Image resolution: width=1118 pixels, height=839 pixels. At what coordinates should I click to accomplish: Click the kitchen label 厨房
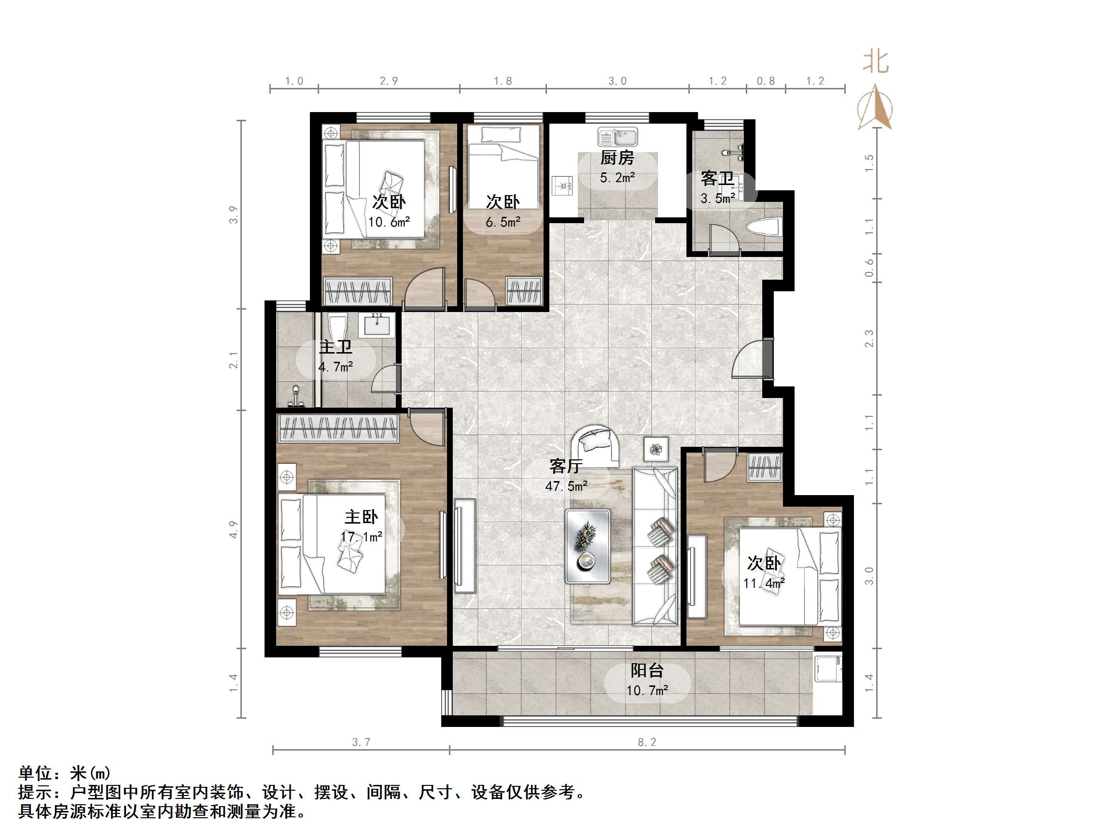[x=616, y=158]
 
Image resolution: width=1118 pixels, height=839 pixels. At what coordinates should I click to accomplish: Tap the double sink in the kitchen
[x=617, y=137]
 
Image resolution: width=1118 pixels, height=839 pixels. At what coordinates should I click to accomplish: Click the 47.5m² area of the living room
[x=566, y=486]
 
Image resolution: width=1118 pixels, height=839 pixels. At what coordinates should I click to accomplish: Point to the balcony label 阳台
[x=646, y=670]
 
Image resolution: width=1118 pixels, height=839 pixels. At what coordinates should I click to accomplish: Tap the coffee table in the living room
[x=588, y=546]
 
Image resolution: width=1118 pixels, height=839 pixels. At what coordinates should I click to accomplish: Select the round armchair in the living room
[x=596, y=445]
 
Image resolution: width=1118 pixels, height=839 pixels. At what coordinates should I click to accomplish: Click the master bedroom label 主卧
[x=361, y=517]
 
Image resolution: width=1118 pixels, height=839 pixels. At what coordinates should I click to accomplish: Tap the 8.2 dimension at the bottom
[x=646, y=742]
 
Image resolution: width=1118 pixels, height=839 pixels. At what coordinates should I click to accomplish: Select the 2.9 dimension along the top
[x=389, y=81]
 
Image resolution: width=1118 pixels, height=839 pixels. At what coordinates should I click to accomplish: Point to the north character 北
[x=875, y=63]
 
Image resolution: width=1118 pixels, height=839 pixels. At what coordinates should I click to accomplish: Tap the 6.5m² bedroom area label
[x=503, y=222]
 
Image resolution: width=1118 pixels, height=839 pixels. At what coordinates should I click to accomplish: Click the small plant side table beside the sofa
[x=656, y=449]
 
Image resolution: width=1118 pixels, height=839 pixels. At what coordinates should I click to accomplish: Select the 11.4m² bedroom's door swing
[x=718, y=468]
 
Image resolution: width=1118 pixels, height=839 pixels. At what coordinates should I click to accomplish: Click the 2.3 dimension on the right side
[x=869, y=338]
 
